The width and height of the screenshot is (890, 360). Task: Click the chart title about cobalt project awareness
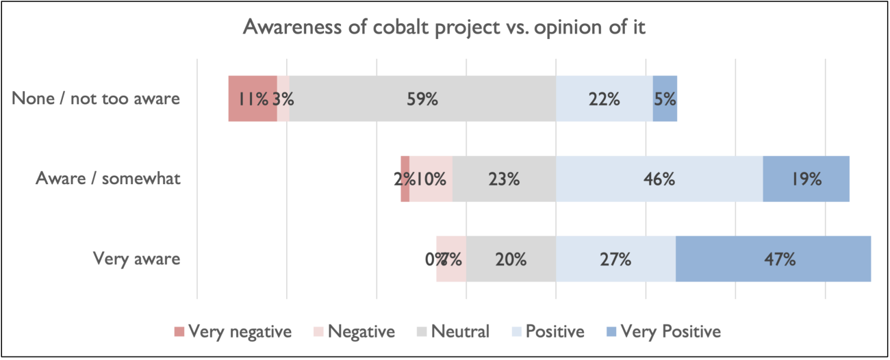[444, 29]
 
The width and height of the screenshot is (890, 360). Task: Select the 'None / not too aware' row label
[96, 99]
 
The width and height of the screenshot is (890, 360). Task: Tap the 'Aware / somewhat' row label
[108, 179]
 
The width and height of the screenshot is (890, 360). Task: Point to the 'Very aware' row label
[136, 259]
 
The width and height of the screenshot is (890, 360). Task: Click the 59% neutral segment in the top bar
[422, 99]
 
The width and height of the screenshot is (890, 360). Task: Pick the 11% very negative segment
[252, 99]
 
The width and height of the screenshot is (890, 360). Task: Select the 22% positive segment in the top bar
[604, 99]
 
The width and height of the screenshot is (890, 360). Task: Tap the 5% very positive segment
[665, 99]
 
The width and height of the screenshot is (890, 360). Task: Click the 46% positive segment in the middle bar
[659, 179]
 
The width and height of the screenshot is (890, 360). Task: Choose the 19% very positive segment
[806, 179]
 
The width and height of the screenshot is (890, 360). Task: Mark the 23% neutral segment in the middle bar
[504, 179]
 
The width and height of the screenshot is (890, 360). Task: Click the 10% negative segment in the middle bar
[431, 179]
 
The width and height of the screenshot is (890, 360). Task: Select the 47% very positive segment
[774, 259]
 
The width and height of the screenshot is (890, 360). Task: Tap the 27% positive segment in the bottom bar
[615, 259]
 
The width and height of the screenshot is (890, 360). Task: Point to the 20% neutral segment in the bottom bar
[511, 259]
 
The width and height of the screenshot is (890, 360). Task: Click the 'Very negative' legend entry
[233, 333]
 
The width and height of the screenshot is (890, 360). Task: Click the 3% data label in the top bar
[283, 99]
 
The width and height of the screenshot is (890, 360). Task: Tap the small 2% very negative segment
[405, 179]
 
